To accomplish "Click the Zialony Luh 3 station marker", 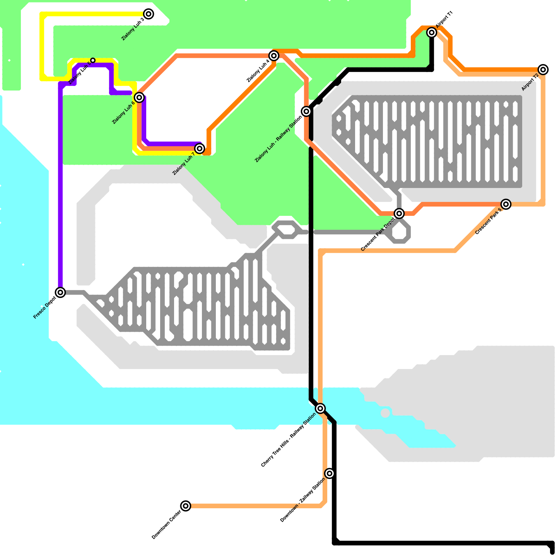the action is click(x=149, y=14).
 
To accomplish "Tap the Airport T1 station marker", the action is click(x=432, y=32).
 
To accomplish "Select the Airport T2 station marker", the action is click(x=543, y=70).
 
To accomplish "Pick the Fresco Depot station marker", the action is click(x=61, y=292).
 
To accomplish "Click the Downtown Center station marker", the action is click(x=186, y=505).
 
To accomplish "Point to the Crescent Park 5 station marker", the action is click(x=506, y=204).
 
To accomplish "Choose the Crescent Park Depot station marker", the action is click(x=399, y=213).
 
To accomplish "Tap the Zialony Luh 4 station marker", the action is click(x=274, y=55).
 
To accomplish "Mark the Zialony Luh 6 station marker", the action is click(x=139, y=97).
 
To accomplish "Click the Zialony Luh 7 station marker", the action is click(x=199, y=149).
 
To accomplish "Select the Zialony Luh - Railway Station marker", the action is click(x=306, y=111).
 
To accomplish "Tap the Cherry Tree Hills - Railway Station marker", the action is click(x=320, y=408).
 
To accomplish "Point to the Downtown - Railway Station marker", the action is click(x=329, y=473).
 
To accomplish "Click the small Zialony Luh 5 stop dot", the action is click(x=93, y=60).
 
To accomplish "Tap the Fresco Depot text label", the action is click(x=45, y=308).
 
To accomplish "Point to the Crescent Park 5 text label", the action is click(x=488, y=221).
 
